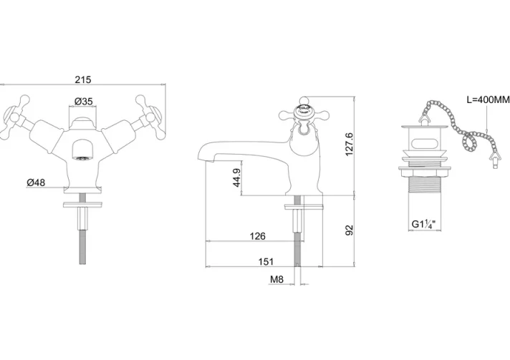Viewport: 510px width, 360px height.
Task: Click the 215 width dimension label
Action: pos(83,79)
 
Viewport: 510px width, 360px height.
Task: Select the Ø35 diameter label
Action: pos(84,102)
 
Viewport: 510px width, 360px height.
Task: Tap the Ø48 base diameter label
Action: pos(36,183)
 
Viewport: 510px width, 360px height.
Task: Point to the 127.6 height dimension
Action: pos(349,144)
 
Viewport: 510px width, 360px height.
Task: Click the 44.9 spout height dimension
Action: pos(237,177)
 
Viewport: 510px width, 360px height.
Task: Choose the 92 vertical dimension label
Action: pos(349,230)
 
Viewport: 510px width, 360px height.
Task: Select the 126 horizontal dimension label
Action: pos(258,236)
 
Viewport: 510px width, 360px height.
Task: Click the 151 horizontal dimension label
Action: pos(266,261)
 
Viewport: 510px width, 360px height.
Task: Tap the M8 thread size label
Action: pos(276,279)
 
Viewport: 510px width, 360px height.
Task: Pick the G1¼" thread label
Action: pos(424,224)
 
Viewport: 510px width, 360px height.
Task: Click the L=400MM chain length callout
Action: pos(489,99)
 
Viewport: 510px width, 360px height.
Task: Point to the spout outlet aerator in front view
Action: pos(83,159)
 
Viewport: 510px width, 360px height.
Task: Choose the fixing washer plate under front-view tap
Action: pos(83,205)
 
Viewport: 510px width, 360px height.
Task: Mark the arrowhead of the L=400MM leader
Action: pos(486,132)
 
